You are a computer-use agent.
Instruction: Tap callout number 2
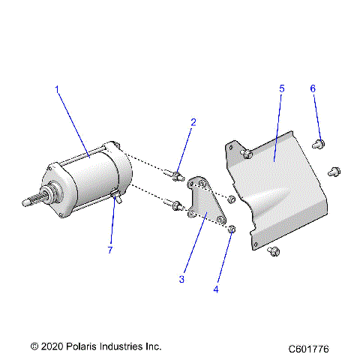193,122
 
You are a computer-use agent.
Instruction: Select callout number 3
181,279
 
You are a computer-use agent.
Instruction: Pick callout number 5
281,88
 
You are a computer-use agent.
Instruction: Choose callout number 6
313,88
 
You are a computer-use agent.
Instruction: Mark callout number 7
109,250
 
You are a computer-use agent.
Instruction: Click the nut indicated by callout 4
232,228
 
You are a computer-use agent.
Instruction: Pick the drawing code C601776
314,349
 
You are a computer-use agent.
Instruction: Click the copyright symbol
34,346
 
